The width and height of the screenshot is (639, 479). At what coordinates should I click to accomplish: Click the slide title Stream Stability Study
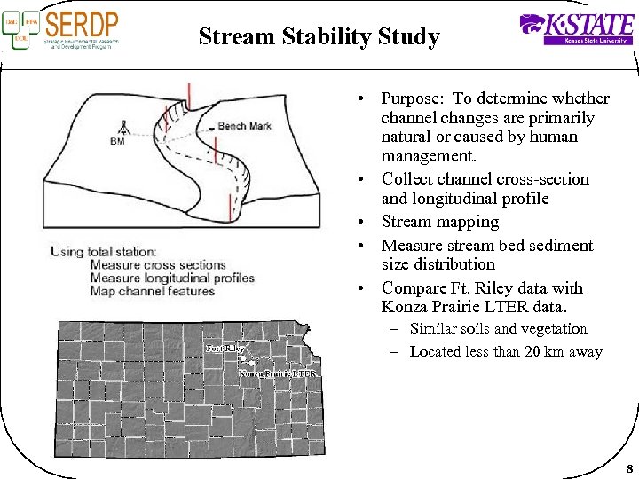click(319, 37)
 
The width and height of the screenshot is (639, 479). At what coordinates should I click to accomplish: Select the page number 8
click(628, 468)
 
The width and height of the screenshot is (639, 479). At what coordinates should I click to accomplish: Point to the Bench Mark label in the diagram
click(245, 126)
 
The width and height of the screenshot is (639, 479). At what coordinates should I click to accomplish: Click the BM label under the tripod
click(117, 142)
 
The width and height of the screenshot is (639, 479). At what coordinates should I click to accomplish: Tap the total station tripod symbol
click(122, 126)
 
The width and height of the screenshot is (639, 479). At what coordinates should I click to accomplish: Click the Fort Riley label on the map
click(225, 349)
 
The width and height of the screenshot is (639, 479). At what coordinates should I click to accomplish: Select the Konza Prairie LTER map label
click(278, 373)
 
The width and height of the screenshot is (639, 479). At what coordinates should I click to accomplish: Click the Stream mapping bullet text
click(439, 222)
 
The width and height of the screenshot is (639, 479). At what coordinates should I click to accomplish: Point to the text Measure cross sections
click(158, 265)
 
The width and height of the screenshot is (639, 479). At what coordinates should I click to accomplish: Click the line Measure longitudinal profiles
click(172, 279)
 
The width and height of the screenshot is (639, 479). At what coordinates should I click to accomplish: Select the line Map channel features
click(153, 292)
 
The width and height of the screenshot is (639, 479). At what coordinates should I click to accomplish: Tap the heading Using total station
click(104, 252)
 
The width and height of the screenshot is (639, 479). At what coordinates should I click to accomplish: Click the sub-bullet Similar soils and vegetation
click(498, 329)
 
